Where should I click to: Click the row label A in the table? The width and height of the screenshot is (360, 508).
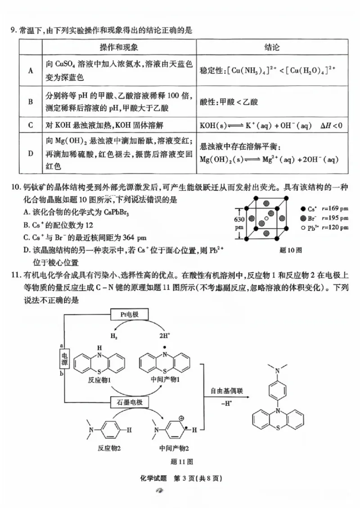[31, 71]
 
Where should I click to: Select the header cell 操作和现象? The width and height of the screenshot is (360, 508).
[119, 47]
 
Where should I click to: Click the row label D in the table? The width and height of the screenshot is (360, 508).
[31, 153]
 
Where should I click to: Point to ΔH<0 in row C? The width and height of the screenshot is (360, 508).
[331, 125]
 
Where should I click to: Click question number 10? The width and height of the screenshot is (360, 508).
[15, 187]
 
